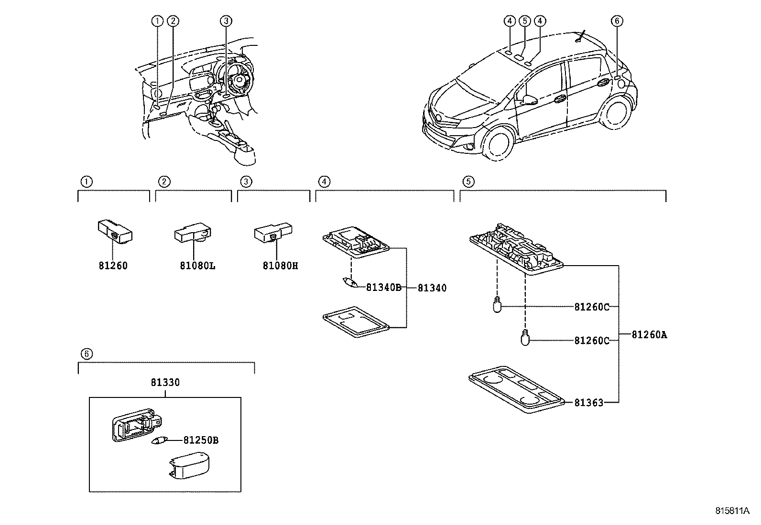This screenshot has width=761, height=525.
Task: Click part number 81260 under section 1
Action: coord(113,266)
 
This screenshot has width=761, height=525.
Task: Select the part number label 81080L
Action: coord(197,266)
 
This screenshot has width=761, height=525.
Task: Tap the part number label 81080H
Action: coord(280,266)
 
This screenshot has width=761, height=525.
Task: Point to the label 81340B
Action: coord(383,288)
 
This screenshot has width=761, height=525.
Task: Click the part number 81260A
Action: coord(649,335)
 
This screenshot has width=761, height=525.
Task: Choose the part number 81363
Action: coord(588,403)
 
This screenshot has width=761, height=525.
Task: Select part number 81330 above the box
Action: coord(165,383)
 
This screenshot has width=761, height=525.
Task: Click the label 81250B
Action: coord(201,440)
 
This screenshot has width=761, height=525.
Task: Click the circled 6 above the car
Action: coord(617,21)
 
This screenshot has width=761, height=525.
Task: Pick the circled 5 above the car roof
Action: coord(525,21)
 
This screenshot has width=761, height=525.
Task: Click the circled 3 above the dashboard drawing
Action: coord(227,21)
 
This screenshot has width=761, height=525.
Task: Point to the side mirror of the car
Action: coord(530,100)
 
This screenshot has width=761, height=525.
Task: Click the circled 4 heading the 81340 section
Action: coord(324,182)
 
